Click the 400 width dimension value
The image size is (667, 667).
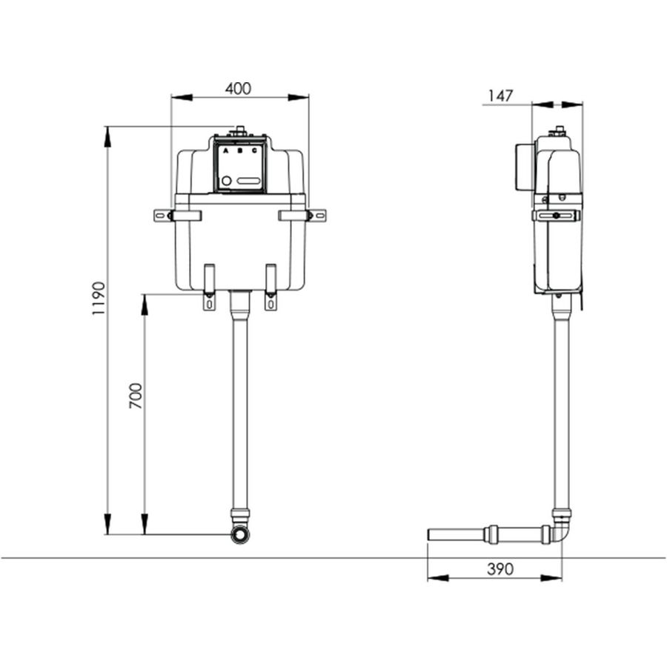point(238,88)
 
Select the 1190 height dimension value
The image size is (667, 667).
point(99,298)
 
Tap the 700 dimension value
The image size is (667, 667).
point(136,396)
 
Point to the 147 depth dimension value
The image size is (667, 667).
point(500,96)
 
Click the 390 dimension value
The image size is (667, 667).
point(500,569)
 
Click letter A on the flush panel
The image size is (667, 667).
point(226,150)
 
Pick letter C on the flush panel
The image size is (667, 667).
point(254,150)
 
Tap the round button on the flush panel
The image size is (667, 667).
point(227,181)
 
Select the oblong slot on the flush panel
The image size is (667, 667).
point(248,181)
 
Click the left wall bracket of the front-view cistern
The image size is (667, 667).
point(177,215)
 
